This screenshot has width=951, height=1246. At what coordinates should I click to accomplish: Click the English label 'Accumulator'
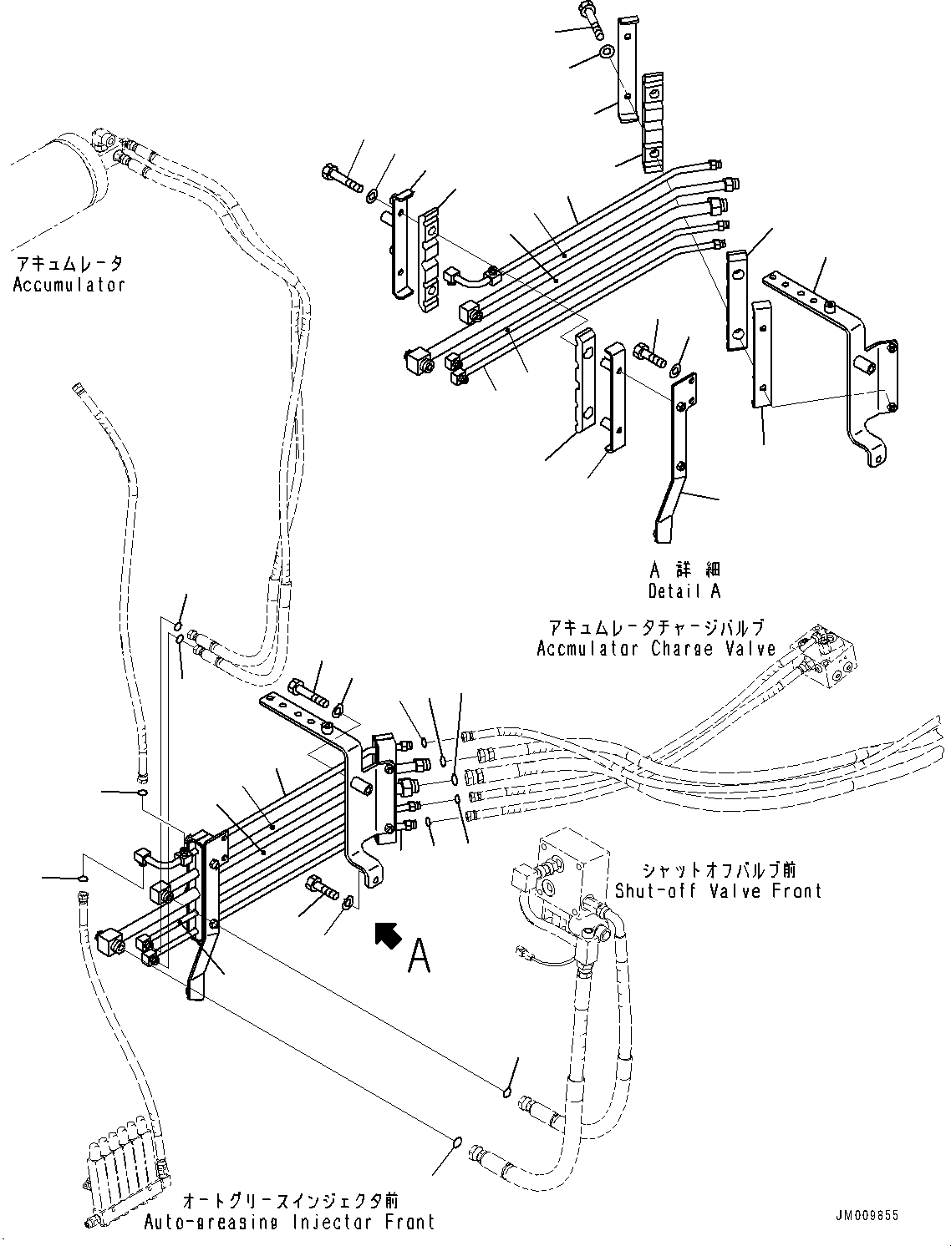coord(69,285)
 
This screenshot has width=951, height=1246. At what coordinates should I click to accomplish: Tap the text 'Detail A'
coord(684,591)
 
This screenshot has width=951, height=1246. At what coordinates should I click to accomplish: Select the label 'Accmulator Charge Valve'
coord(656,648)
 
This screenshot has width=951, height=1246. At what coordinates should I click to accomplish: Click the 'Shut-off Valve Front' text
coord(718,891)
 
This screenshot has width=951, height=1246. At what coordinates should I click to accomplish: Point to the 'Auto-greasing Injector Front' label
coord(289,1223)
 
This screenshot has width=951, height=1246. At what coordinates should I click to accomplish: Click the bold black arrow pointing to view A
coord(388,934)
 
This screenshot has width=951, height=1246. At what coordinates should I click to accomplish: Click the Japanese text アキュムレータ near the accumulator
coord(69,264)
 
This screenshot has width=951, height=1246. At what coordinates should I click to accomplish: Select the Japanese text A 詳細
coord(684,570)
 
